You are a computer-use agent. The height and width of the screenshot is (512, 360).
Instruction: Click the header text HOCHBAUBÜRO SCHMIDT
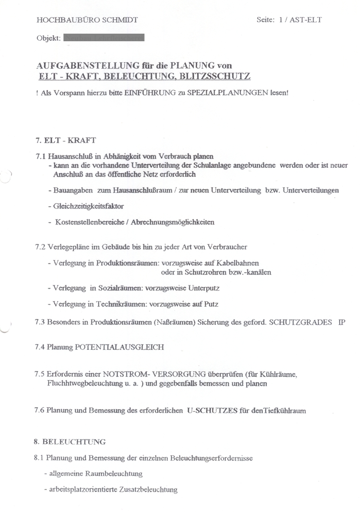tap(87, 20)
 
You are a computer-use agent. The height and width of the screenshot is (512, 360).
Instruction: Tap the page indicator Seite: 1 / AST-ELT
tap(288, 20)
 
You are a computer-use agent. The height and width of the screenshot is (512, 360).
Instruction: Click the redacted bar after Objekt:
tap(104, 37)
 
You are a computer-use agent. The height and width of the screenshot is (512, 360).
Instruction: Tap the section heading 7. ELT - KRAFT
tap(65, 140)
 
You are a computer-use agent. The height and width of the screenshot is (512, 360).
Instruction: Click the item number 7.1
tap(41, 156)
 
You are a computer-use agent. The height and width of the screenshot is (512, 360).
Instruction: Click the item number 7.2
tap(41, 247)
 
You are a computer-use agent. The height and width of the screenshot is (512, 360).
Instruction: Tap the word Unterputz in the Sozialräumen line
tap(204, 288)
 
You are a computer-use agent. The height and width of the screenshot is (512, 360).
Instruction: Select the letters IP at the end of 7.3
tap(342, 322)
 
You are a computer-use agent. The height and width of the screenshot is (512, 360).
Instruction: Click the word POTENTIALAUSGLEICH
tap(119, 347)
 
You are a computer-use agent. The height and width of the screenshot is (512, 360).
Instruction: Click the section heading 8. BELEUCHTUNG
tap(70, 442)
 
